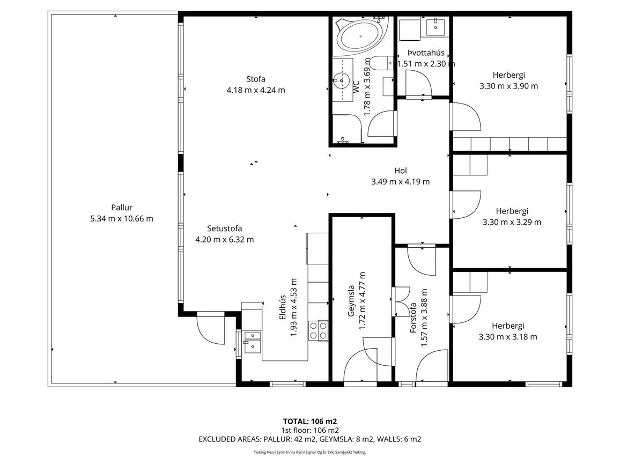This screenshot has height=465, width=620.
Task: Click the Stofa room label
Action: coord(256,79)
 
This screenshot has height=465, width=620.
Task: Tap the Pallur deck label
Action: coord(122,208)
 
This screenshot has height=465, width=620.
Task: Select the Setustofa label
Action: coord(225,228)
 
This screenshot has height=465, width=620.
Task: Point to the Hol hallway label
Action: coord(401,171)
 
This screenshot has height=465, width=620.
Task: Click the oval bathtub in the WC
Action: coord(361,36)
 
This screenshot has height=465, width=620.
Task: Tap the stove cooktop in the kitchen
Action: coord(318,330)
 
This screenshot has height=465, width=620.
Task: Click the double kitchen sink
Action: coord(252,342)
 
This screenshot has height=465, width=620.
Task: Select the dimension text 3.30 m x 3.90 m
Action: coord(509,86)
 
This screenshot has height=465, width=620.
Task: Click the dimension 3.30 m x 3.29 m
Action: coord(512,222)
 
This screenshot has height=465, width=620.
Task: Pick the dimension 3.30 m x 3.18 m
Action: coord(508,337)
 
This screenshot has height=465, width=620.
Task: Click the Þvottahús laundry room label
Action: coord(426,53)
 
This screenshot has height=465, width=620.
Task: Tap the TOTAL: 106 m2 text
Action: coord(310,422)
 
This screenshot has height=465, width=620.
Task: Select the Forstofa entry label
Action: coord(413,318)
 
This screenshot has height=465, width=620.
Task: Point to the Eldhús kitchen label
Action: coord(282,308)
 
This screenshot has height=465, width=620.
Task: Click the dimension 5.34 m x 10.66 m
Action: coord(122,219)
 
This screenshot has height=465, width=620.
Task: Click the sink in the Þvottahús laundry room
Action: coord(436,26)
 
